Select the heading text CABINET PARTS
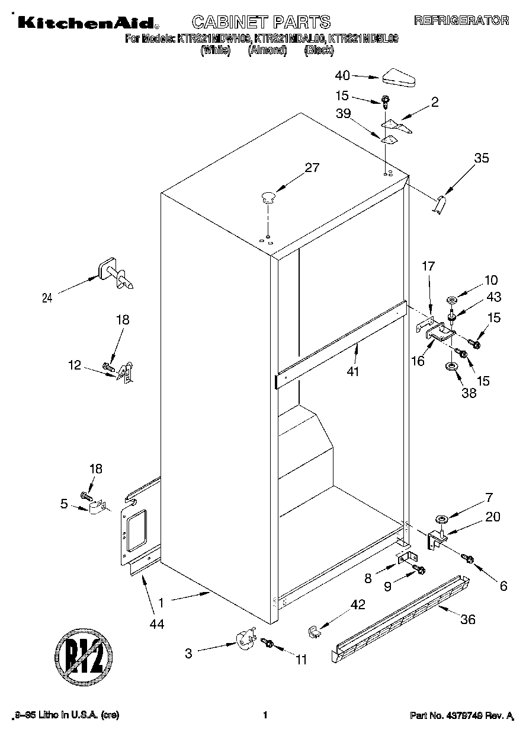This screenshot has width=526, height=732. coord(262,22)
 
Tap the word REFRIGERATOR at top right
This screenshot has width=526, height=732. coord(461,21)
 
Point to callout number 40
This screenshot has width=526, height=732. coord(342,75)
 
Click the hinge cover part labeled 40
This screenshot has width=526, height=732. coord(400,77)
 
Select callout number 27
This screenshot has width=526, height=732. coord(312,168)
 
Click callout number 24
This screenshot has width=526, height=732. coord(47,298)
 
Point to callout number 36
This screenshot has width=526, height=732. coord(468,620)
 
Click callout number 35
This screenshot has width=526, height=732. coord(482,158)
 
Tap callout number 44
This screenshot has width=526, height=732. coord(156,623)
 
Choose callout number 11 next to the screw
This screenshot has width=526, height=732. coord(301,659)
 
